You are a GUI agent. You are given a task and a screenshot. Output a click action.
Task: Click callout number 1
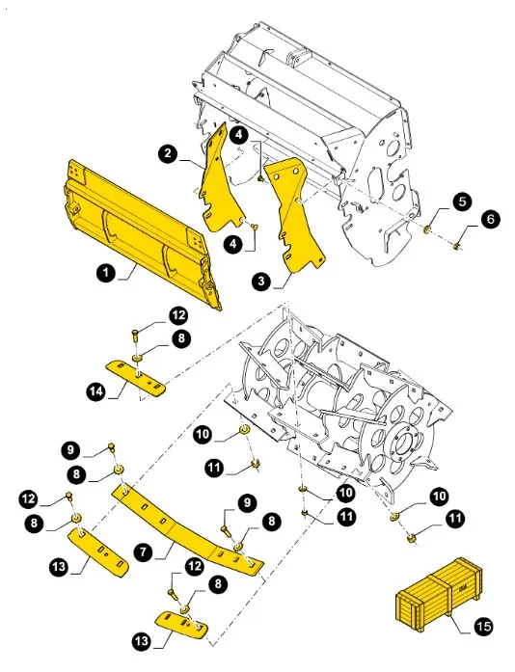(x=107, y=273)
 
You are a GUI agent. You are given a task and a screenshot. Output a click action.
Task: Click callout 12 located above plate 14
(x=178, y=314)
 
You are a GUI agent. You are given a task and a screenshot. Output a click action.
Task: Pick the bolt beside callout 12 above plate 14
(x=136, y=334)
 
